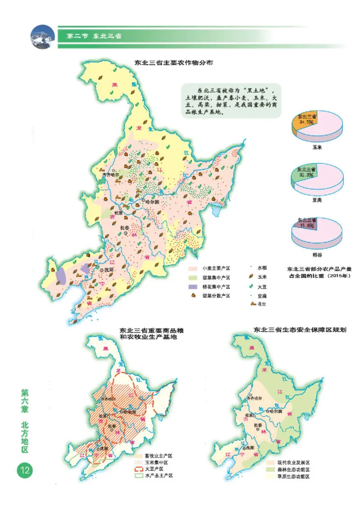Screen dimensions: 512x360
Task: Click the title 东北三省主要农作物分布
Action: coord(173,63)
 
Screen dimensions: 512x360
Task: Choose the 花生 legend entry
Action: coord(261,305)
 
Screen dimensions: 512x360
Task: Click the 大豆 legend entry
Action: coord(261,286)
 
